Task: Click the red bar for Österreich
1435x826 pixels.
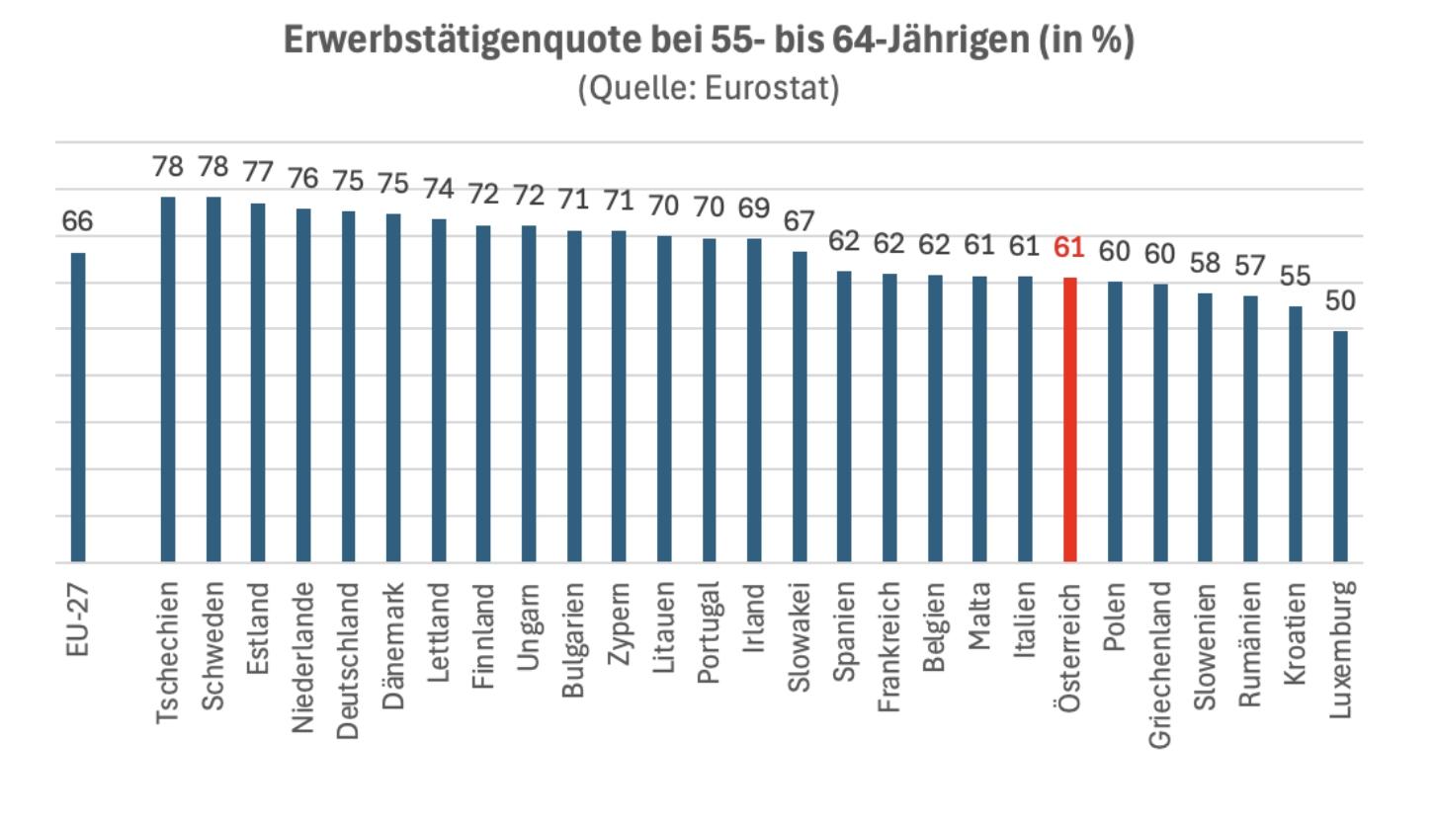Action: coord(1069,420)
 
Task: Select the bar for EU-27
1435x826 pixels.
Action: coord(78,407)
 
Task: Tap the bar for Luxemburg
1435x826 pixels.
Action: coord(1340,447)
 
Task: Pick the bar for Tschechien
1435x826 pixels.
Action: coord(168,379)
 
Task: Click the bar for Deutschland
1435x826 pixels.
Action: coord(348,386)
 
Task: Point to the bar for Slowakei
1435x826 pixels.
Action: coord(800,407)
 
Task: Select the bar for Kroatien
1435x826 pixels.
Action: coord(1295,434)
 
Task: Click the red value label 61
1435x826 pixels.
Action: coord(1069,248)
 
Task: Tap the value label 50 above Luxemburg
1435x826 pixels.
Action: coord(1340,301)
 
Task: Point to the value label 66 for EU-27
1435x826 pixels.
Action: coord(77,221)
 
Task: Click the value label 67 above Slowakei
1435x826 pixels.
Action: coord(800,221)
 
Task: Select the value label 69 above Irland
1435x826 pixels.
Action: coord(754,207)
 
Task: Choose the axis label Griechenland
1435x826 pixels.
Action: coord(1160,664)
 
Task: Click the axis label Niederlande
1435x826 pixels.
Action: coord(302,657)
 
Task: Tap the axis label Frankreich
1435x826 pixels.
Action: coord(889,647)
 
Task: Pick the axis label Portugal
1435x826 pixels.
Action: coord(709,633)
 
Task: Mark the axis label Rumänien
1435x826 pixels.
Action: coord(1250,644)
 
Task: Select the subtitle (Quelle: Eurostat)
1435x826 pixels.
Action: coord(709,87)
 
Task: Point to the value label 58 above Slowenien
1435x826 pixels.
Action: coord(1205,264)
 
